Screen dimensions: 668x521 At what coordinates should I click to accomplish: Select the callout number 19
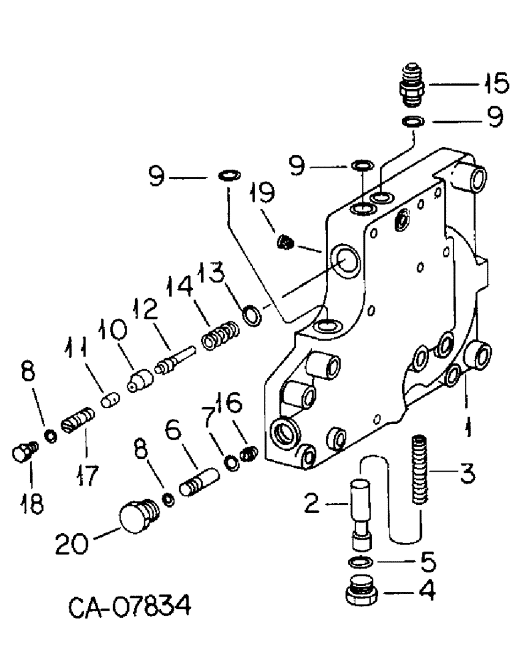pyautogui.click(x=263, y=194)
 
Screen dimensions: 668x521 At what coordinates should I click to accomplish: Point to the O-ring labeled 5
pyautogui.click(x=361, y=560)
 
